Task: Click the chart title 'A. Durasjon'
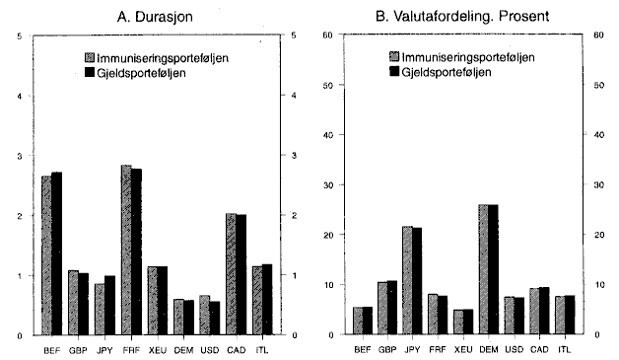point(158,14)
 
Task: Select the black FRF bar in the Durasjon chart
point(136,252)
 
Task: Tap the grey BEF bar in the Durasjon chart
point(46,255)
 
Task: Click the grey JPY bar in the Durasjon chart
point(100,310)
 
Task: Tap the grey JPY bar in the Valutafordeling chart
point(406,281)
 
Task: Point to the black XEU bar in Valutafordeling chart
point(465,323)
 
